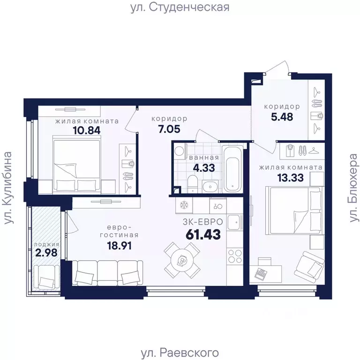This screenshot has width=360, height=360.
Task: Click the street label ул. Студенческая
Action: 180,7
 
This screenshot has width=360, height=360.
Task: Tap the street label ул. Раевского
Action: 180,352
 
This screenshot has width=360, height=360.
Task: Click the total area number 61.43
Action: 203,234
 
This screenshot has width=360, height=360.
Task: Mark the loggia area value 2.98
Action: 46,254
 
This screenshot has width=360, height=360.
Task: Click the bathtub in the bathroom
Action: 233,169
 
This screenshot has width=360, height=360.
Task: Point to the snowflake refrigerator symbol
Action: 184,205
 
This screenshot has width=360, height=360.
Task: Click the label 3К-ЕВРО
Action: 203,221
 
